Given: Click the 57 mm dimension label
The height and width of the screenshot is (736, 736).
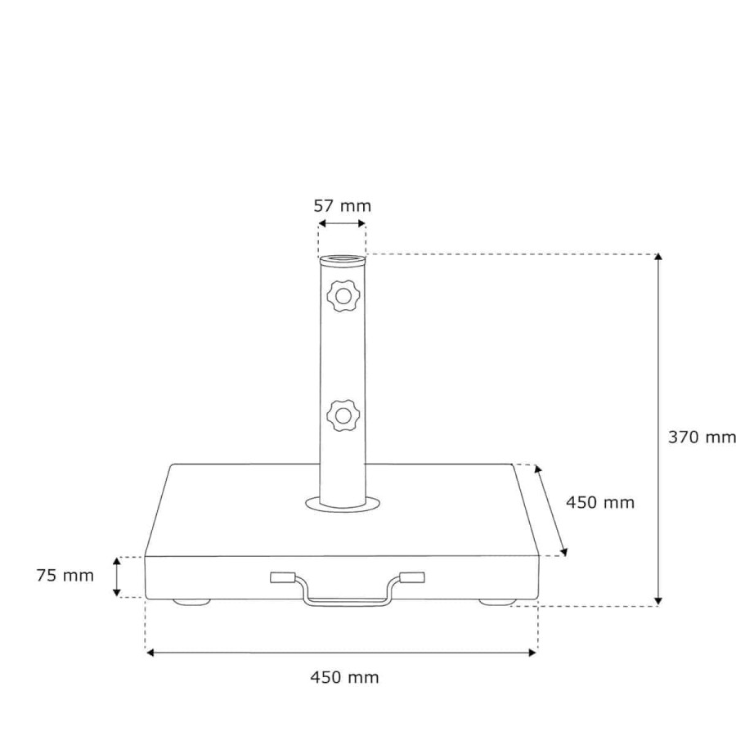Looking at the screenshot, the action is point(342,205).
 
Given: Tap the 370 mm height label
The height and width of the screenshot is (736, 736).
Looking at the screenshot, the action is point(702,437).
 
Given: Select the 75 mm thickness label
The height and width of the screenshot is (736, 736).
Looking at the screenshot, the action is point(65,576).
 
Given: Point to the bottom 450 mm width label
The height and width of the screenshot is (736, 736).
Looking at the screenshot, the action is point(344,677).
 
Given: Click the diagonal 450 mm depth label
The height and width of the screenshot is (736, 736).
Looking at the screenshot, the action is point(600,503).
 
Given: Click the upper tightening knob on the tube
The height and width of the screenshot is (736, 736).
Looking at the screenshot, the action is point(343,296).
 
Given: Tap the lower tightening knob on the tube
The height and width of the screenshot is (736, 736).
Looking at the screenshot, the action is point(343,415).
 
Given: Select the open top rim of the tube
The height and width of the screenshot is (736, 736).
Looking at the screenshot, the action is point(342,259).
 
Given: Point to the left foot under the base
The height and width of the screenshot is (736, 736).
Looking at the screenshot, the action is point(191,602).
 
